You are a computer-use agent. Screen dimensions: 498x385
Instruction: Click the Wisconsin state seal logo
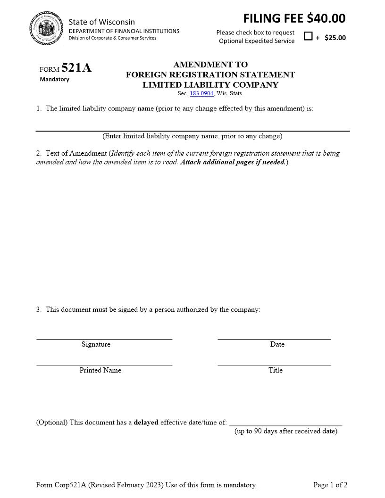(46, 29)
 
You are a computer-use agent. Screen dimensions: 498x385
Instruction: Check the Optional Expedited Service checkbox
(308, 36)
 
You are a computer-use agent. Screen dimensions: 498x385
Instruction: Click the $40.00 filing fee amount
(326, 18)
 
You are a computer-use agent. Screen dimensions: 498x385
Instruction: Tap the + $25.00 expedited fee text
(331, 38)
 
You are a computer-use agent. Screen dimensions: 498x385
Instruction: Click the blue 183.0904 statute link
(201, 94)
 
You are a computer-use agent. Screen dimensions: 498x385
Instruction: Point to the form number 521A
(76, 68)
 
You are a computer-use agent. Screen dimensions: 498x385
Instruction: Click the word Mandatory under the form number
(54, 79)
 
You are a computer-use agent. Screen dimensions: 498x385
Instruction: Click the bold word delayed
(146, 422)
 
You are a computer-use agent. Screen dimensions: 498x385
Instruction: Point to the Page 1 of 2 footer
(330, 485)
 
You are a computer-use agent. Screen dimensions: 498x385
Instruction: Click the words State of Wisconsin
(101, 22)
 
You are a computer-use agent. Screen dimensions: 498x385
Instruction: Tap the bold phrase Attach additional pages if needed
(233, 162)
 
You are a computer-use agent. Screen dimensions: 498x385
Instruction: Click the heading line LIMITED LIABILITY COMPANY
(210, 85)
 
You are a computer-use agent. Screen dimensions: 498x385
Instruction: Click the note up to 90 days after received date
(286, 431)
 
